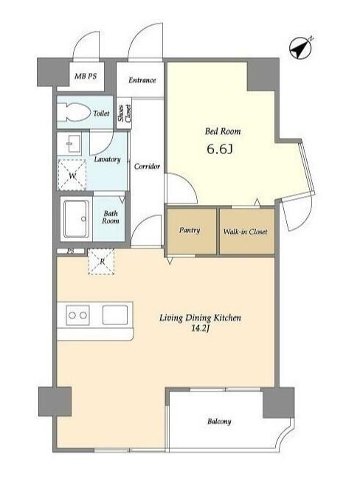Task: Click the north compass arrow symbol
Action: [301, 48]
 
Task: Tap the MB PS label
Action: [86, 76]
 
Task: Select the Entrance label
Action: [142, 80]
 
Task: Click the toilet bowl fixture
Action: [75, 112]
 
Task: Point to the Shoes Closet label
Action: [125, 114]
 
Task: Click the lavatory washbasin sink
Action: [73, 144]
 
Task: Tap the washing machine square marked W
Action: [72, 175]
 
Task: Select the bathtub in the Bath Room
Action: [77, 219]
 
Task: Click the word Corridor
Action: [147, 167]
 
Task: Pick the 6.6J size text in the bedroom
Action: [220, 149]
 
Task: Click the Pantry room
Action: [191, 231]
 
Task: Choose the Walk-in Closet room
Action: [247, 231]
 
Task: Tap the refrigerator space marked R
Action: [101, 262]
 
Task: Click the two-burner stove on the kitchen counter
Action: [77, 315]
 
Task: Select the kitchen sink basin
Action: [115, 315]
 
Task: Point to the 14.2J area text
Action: [201, 328]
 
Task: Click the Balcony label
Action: [219, 422]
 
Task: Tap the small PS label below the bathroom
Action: [71, 251]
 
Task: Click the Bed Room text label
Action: [223, 131]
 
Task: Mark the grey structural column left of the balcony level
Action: [55, 402]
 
